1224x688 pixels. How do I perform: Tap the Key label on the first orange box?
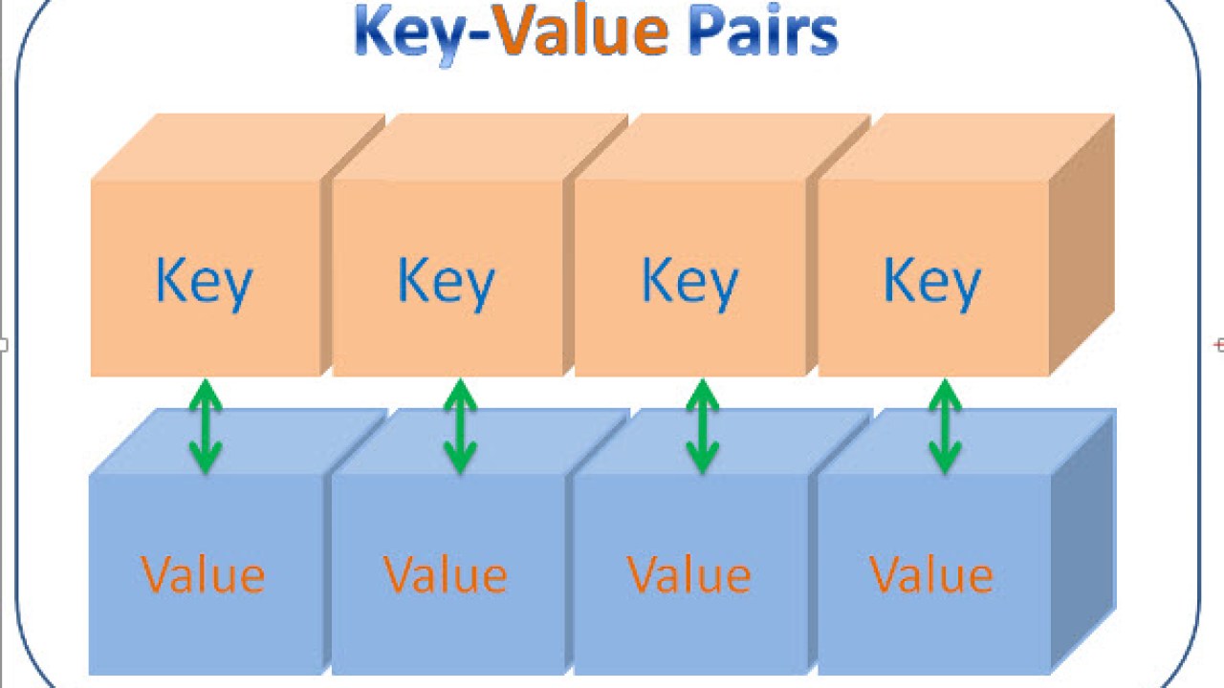click(x=204, y=283)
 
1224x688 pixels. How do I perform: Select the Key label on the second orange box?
click(x=446, y=283)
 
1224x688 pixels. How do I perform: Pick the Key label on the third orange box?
click(x=689, y=283)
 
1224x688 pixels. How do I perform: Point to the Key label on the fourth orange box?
click(x=932, y=283)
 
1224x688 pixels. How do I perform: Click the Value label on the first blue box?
click(x=203, y=574)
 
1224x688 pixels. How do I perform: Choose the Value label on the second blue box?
click(x=446, y=574)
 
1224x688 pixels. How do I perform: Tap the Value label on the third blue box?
click(x=689, y=574)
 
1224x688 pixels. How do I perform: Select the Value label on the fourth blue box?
click(x=931, y=574)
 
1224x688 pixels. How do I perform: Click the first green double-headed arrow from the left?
click(x=205, y=426)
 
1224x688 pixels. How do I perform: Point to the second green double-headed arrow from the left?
click(x=460, y=426)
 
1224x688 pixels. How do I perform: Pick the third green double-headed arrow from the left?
click(x=703, y=426)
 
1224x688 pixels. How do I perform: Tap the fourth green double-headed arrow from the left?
click(x=945, y=426)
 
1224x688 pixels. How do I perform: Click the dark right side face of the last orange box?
click(x=1082, y=244)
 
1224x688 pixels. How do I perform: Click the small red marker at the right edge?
click(x=1218, y=345)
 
